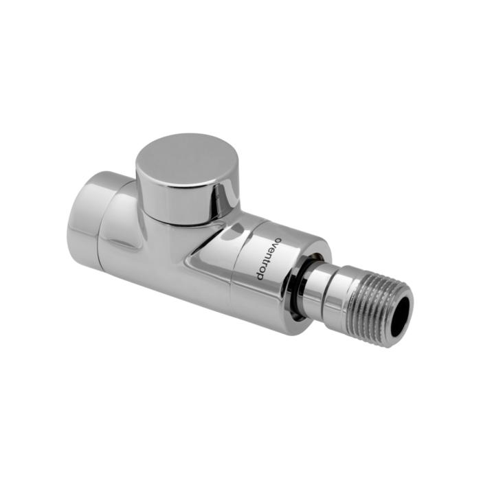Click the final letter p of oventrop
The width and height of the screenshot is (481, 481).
(260, 276)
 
